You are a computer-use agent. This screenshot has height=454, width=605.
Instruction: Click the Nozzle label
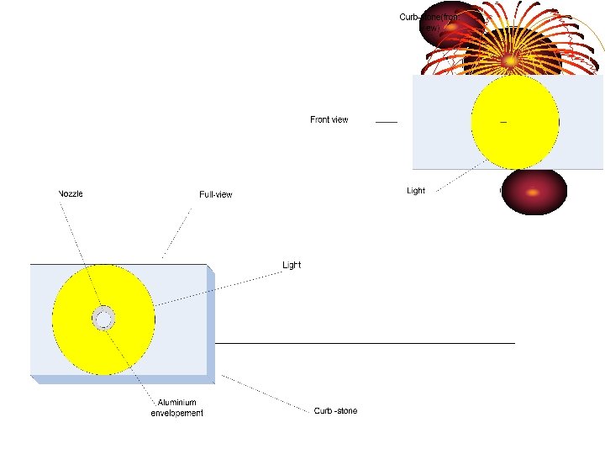pos(70,193)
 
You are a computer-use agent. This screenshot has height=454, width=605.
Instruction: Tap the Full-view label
pos(216,195)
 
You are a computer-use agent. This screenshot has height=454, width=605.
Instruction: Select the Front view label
pos(329,120)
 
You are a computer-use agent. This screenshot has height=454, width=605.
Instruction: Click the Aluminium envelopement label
pos(176,409)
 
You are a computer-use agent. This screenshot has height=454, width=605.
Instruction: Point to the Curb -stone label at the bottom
pos(335,411)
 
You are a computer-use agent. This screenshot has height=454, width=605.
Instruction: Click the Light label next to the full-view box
pos(291,265)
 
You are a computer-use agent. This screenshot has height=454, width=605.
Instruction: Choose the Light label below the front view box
pos(416,191)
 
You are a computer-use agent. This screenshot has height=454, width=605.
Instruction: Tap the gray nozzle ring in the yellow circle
pos(103,319)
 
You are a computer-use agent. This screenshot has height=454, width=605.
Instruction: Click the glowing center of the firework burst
pos(510,61)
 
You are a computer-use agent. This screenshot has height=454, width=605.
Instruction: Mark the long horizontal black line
pos(365,343)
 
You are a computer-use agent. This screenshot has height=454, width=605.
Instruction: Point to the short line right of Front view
pos(386,122)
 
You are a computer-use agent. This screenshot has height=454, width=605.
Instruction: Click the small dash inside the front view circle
pos(503,122)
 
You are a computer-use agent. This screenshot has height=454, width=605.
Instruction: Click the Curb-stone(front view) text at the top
pos(429,22)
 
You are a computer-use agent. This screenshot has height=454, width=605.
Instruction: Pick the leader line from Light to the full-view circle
pos(218,286)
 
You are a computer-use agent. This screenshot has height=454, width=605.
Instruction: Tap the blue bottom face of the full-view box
pos(122,379)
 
